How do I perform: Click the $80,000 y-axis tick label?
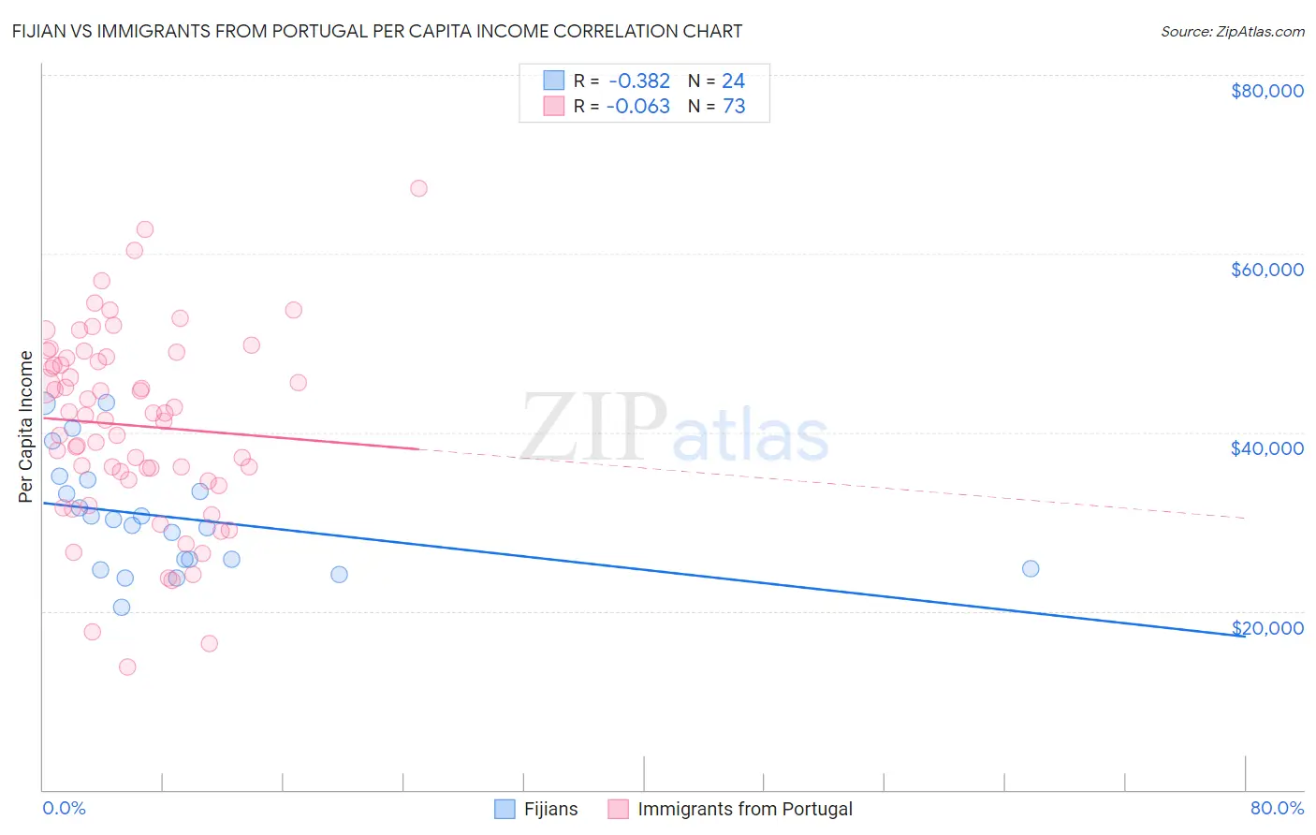pos(1266,91)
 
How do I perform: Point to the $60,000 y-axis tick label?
pos(1266,270)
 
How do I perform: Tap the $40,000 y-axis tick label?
pos(1266,448)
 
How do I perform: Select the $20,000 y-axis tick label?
pos(1266,627)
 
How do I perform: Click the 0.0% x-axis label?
pos(64,808)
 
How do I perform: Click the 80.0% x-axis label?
pos(1277,808)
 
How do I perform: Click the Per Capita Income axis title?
pos(26,426)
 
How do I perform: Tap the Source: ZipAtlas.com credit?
pos(1232,31)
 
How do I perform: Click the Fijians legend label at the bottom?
pos(550,809)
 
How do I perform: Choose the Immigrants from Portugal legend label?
pos(745,809)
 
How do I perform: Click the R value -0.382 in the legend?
pos(638,81)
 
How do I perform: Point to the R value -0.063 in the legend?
pos(638,106)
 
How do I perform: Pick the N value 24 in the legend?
pos(733,81)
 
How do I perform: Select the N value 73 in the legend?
pos(734,106)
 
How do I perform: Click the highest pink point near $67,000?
pos(418,188)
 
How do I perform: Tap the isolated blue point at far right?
pos(1031,568)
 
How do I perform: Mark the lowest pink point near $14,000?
pos(127,667)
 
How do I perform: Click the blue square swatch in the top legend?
pos(554,81)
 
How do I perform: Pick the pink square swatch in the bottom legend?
pos(618,809)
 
